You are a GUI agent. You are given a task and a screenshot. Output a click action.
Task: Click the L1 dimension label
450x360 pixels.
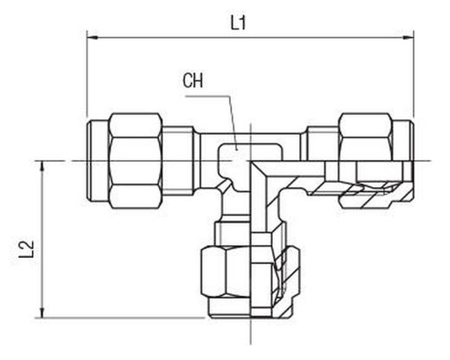(x=238, y=22)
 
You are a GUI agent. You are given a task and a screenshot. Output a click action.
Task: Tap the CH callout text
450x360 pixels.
(x=193, y=80)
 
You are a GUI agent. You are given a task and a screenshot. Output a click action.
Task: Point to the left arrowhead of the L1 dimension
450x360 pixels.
(x=92, y=37)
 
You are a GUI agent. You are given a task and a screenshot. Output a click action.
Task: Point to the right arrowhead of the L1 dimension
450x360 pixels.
(x=408, y=37)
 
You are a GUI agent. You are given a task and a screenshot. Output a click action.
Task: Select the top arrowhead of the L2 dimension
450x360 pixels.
(x=42, y=166)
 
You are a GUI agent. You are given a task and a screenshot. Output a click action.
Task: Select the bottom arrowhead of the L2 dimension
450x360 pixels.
(x=42, y=312)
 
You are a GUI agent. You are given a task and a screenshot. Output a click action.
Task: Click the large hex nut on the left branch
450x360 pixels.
(x=135, y=161)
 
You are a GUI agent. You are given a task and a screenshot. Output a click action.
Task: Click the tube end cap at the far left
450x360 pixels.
(x=98, y=160)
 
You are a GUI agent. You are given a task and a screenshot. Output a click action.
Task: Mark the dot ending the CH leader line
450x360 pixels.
(x=236, y=149)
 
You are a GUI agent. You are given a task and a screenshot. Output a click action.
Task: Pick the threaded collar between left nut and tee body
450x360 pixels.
(x=180, y=161)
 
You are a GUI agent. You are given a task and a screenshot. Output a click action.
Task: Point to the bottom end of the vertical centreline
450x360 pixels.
(x=251, y=344)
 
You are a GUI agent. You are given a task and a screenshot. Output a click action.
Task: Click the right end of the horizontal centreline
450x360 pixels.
(x=431, y=161)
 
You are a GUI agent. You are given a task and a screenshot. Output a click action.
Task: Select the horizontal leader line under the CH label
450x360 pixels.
(x=207, y=96)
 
